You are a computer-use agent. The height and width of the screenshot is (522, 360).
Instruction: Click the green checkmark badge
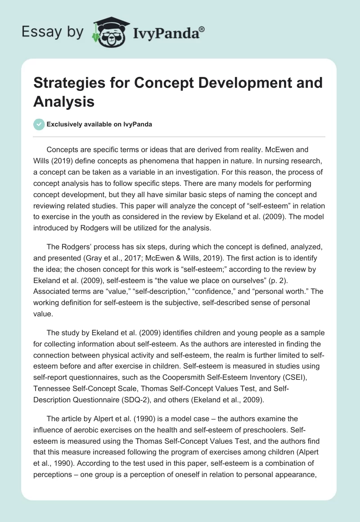click(39, 124)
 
